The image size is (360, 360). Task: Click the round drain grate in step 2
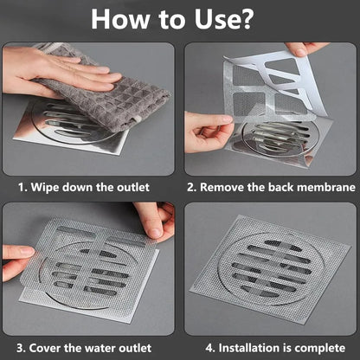(x=277, y=138)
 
